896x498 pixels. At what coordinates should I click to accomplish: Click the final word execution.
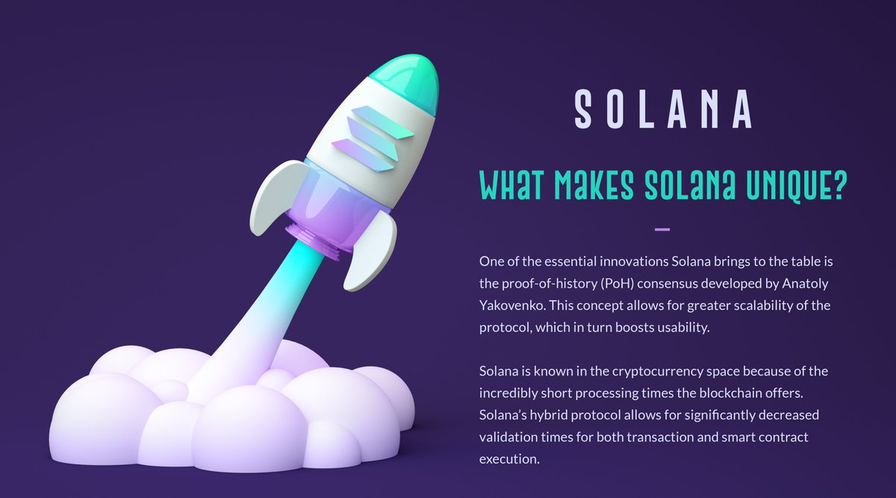click(508, 458)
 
